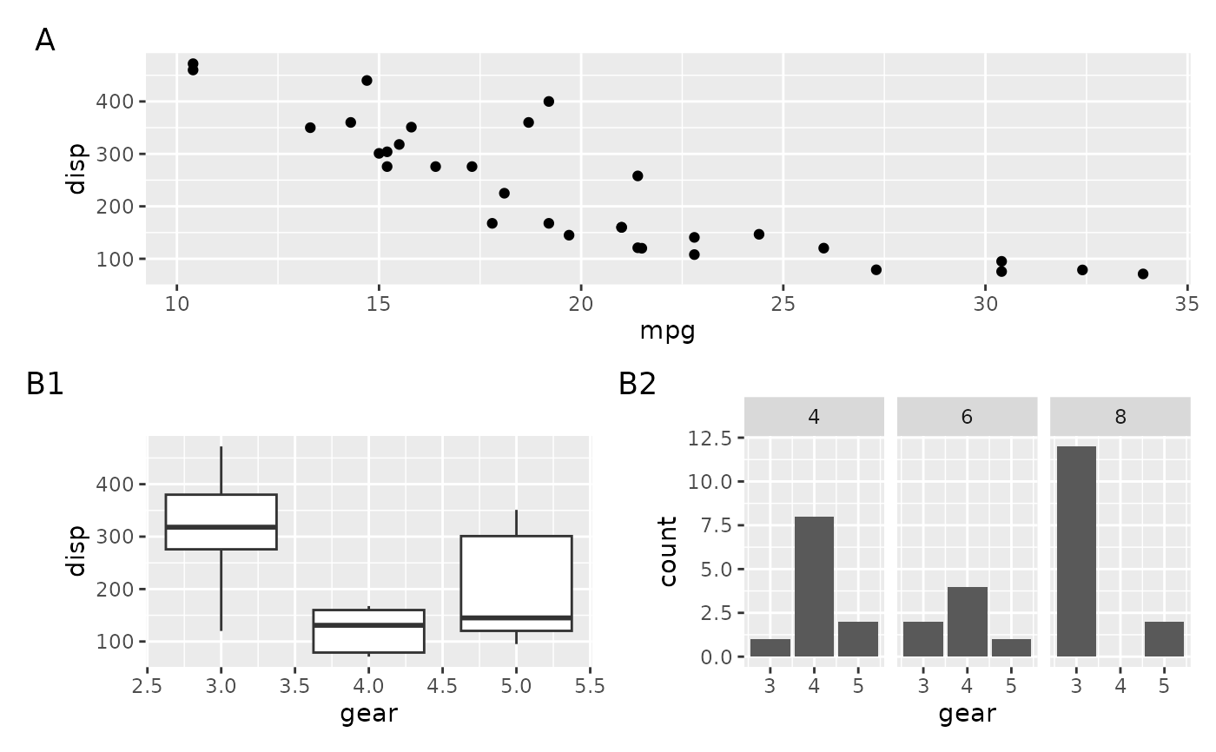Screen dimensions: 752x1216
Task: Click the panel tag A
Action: point(45,41)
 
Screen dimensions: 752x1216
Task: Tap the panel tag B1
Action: point(45,384)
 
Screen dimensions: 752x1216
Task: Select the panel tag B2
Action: point(638,384)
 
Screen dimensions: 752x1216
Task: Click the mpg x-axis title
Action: point(667,331)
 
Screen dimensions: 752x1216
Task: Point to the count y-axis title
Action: point(668,551)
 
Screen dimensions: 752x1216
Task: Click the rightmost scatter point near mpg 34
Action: point(1142,274)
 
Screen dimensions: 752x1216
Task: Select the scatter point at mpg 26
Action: point(823,248)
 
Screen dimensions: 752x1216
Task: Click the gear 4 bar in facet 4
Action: point(814,586)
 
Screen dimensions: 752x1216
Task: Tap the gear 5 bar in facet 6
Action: point(1011,648)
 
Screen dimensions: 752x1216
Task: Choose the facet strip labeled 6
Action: point(967,417)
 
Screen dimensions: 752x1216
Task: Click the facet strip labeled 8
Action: point(1120,417)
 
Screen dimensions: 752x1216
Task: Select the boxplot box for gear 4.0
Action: point(369,630)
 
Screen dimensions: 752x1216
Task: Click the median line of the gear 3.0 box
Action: point(221,527)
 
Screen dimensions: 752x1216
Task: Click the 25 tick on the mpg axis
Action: point(783,304)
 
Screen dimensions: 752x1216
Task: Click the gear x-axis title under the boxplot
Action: point(369,714)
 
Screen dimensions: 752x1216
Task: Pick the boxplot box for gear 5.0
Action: point(516,584)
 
